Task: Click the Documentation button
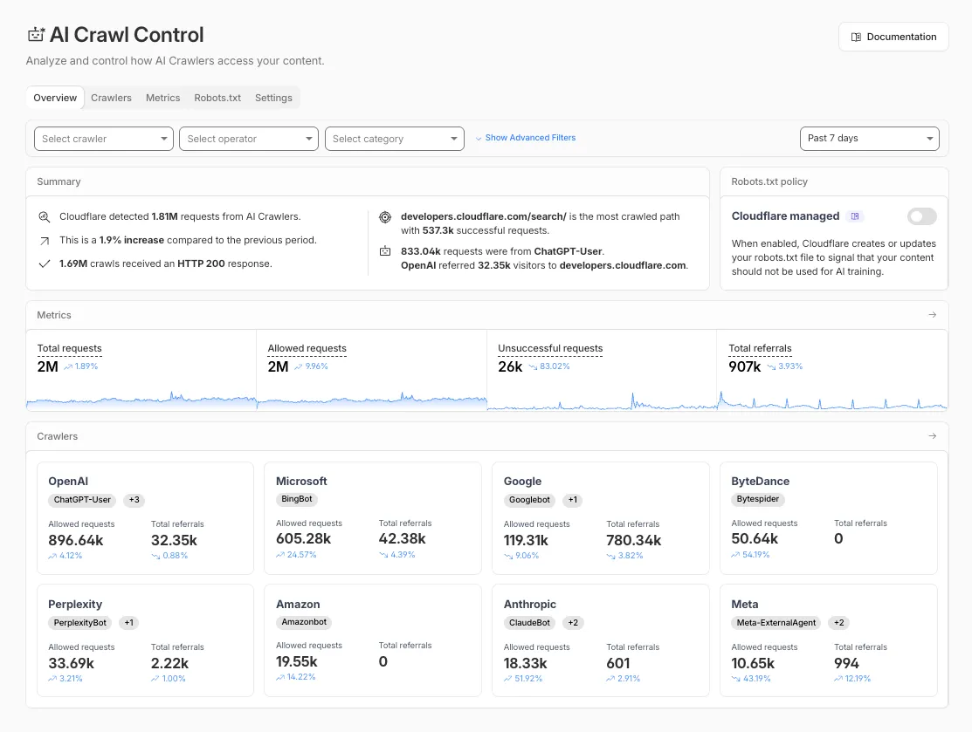tap(893, 37)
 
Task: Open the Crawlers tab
tap(111, 98)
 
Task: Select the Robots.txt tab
tap(217, 98)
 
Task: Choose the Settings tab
tap(273, 98)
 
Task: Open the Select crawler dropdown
tap(103, 139)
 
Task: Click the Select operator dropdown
tap(249, 139)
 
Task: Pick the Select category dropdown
tap(394, 139)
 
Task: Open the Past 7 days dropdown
tap(869, 139)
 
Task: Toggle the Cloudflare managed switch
tap(921, 216)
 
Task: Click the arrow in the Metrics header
tap(932, 315)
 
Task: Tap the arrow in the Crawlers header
tap(932, 436)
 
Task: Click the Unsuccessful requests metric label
tap(550, 349)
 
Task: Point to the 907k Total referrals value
tap(745, 367)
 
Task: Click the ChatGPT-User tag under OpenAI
tap(83, 500)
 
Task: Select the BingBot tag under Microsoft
tap(297, 500)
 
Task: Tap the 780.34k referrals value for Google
tap(633, 540)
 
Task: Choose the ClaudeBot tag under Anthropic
tap(529, 623)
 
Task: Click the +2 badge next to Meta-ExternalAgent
tap(838, 623)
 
